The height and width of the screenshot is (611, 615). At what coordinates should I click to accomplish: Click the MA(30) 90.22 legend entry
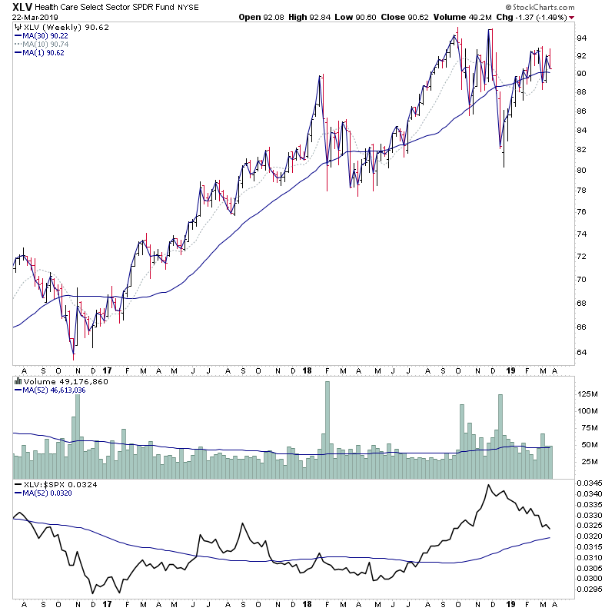coord(43,35)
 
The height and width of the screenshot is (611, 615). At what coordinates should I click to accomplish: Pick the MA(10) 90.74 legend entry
coord(43,44)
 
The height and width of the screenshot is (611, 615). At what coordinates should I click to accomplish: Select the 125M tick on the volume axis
coord(587,393)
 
